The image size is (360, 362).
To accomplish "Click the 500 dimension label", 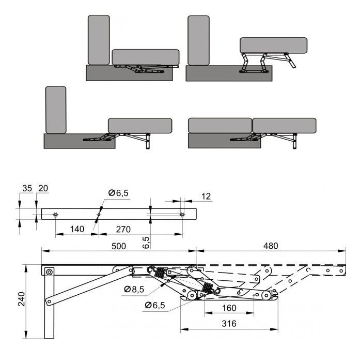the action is (119, 246).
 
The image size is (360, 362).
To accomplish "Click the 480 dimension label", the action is (271, 246).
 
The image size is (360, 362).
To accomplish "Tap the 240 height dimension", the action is (22, 299).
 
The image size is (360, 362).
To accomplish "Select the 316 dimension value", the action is (229, 324).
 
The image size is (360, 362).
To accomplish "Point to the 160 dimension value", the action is (229, 308).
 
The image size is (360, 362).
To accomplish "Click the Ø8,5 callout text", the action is (134, 289).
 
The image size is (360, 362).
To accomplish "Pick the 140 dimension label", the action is (77, 229).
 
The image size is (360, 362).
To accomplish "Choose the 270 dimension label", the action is (123, 229).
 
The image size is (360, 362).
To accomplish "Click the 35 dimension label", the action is (27, 188).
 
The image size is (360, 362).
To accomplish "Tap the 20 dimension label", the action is (43, 188).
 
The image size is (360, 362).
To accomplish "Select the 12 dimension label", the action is (206, 197).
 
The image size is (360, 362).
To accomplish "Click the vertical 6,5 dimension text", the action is (146, 243).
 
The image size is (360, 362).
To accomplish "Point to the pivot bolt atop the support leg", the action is (49, 272).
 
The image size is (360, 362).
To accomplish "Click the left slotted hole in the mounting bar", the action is (55, 215).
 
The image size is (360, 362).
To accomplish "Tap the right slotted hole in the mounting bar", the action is (182, 215).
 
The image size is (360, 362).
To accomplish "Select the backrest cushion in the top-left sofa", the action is (99, 40).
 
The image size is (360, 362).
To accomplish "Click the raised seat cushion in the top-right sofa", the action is (274, 46).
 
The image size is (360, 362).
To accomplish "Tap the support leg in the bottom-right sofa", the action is (294, 141).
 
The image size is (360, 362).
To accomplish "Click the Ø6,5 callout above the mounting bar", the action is (118, 193).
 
